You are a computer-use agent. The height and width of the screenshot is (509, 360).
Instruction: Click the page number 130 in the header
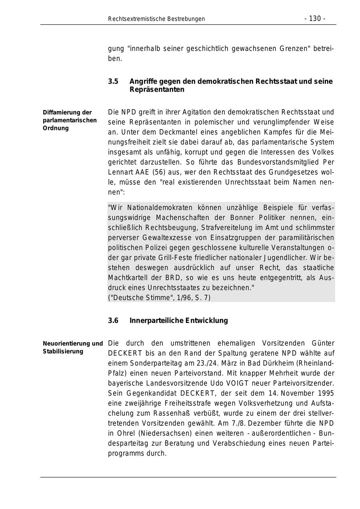[315, 19]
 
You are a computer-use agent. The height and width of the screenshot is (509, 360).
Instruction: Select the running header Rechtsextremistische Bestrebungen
[156, 19]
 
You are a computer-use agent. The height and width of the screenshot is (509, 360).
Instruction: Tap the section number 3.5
[113, 82]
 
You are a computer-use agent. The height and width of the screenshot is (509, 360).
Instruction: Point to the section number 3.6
[113, 321]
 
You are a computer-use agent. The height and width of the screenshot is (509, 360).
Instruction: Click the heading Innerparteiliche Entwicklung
[179, 321]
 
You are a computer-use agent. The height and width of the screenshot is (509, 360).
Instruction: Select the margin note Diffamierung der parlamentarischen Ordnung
[70, 120]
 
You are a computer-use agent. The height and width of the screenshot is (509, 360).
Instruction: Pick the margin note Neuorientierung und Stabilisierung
[72, 347]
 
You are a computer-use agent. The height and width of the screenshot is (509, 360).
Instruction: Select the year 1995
[326, 393]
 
